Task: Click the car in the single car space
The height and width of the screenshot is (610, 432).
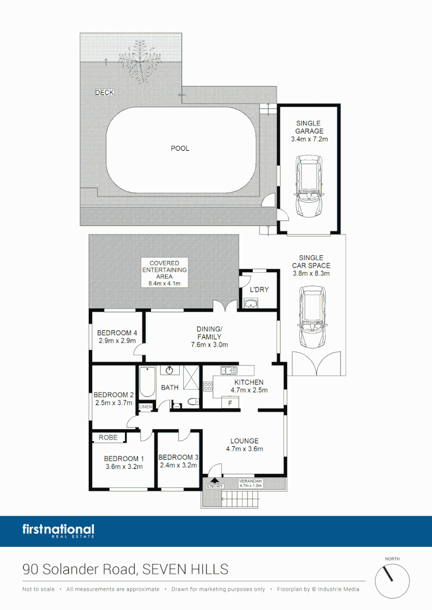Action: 313,317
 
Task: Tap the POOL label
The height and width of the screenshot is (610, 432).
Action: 180,149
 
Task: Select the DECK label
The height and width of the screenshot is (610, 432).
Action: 104,93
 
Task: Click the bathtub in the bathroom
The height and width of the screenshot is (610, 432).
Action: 146,382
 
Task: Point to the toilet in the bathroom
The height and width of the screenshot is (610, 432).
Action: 193,402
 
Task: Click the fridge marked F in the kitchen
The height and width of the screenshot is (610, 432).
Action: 230,403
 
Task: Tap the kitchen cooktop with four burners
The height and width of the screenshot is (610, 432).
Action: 208,387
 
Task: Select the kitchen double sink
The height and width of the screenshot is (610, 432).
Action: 230,371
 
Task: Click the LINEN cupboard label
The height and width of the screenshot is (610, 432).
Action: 146,407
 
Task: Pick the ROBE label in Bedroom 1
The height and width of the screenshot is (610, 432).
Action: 108,437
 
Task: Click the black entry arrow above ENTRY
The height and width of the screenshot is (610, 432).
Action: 214,480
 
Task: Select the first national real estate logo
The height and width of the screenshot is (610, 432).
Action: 58,531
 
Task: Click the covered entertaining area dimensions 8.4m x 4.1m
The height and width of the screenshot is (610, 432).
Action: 164,284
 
